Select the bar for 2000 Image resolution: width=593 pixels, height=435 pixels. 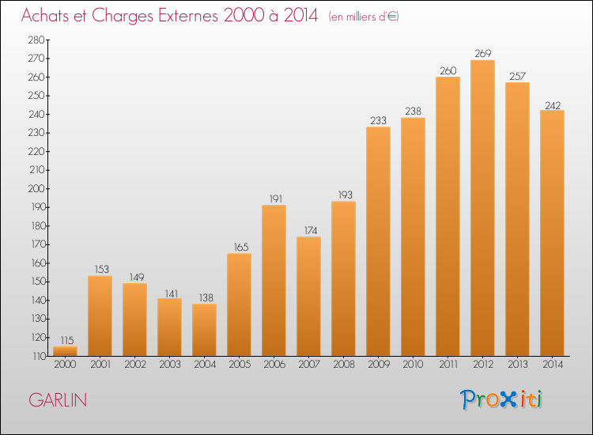[65, 350]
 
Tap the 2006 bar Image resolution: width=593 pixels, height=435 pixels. [274, 281]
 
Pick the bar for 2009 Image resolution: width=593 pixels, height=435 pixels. [378, 241]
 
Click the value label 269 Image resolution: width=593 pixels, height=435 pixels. [482, 54]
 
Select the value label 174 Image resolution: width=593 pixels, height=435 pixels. [308, 231]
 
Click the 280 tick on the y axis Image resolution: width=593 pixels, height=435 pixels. [36, 40]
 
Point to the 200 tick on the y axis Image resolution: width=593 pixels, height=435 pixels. [36, 189]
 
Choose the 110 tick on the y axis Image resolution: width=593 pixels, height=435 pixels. [36, 357]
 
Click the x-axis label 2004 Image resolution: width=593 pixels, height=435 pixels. [203, 366]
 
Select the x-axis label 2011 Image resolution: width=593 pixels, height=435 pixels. [447, 366]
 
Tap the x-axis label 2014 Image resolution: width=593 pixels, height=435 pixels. [552, 366]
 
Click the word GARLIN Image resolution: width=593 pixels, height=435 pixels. [58, 400]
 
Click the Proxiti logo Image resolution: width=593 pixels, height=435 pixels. [503, 399]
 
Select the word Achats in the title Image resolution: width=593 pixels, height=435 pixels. [49, 16]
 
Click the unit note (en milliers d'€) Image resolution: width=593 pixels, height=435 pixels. [364, 17]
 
